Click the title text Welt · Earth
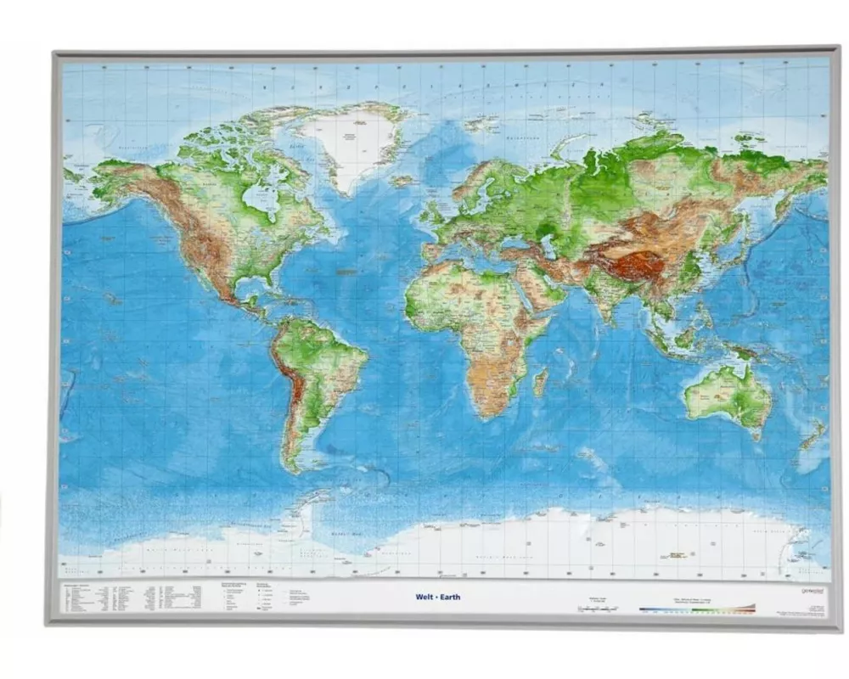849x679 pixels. (x=438, y=597)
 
